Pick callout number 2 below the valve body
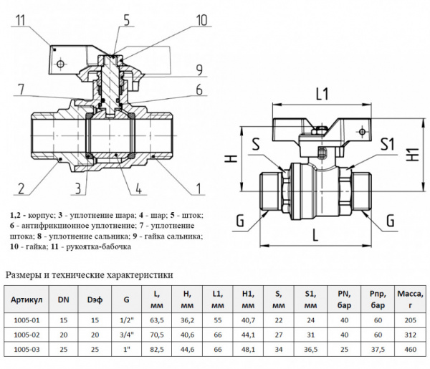21,189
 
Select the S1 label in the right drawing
388,143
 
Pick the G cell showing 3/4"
127,335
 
